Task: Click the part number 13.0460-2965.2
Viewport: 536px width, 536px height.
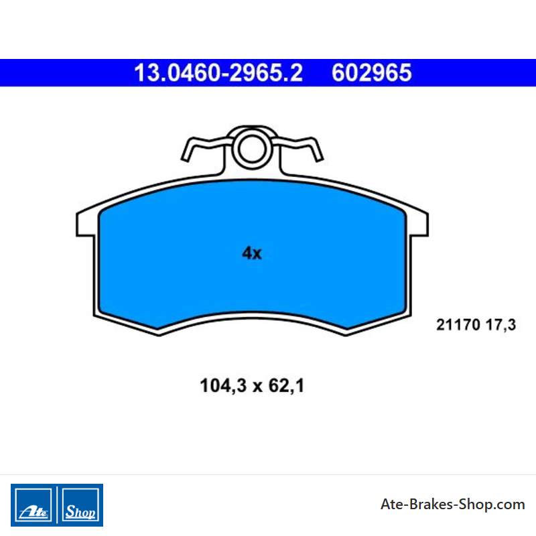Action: click(218, 73)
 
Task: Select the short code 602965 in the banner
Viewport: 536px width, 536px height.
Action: click(372, 73)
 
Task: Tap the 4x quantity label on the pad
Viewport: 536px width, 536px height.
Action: click(252, 253)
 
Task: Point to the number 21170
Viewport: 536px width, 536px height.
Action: click(458, 325)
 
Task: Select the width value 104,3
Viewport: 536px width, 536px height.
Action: click(223, 386)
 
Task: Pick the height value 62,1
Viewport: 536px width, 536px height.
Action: click(286, 386)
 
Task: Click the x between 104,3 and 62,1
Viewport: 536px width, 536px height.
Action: click(257, 387)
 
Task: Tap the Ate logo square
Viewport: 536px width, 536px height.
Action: click(33, 505)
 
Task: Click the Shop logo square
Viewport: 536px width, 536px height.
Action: click(80, 505)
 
